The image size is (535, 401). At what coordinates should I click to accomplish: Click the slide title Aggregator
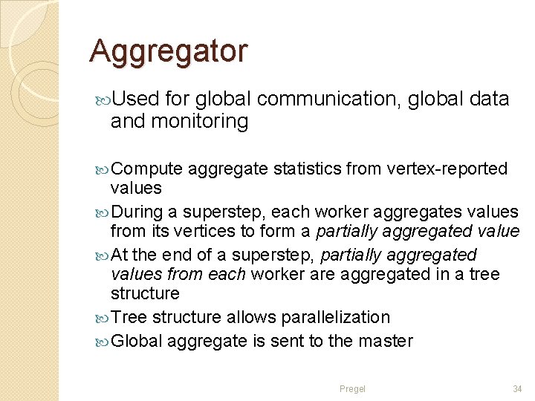tap(168, 51)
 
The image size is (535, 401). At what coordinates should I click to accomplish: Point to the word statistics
tap(307, 169)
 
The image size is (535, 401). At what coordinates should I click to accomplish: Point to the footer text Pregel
tap(352, 388)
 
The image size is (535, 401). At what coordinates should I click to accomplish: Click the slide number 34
tap(517, 388)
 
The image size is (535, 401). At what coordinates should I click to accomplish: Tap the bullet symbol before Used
tap(102, 100)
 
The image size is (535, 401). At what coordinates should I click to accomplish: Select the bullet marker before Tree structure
tap(102, 318)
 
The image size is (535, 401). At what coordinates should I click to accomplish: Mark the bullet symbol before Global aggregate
tap(102, 342)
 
